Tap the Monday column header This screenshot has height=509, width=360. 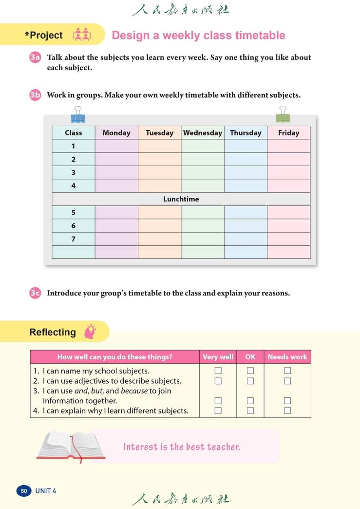[x=116, y=133]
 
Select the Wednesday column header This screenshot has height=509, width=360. [x=203, y=133]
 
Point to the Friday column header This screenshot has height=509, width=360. [x=288, y=133]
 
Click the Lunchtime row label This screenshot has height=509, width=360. [x=181, y=199]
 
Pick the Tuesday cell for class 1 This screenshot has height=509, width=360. [x=159, y=146]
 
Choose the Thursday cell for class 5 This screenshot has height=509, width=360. [x=246, y=213]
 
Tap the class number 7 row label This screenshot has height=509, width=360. [x=74, y=239]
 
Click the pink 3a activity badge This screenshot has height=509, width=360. [x=35, y=58]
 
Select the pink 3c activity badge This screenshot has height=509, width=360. [x=35, y=293]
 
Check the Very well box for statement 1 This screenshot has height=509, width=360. [x=218, y=371]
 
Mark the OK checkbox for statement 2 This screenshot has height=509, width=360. [x=250, y=381]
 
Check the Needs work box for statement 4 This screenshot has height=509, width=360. [x=287, y=411]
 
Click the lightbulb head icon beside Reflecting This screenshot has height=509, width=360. [x=90, y=332]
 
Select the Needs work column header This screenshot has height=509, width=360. [x=287, y=357]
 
